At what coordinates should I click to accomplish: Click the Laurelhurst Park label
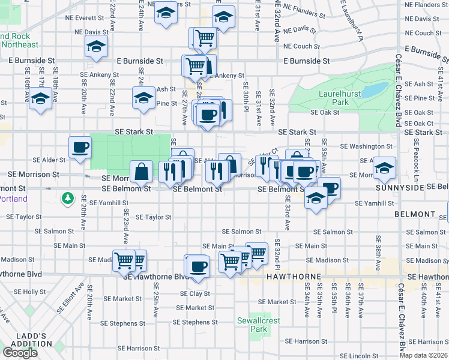[334, 98]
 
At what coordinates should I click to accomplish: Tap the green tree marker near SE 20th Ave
[68, 197]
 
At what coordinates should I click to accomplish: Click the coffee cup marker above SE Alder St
[80, 147]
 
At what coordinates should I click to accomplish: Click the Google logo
[20, 353]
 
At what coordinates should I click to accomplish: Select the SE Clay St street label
[195, 294]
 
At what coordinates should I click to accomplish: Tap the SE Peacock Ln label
[415, 163]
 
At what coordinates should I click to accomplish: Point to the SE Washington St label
[366, 146]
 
